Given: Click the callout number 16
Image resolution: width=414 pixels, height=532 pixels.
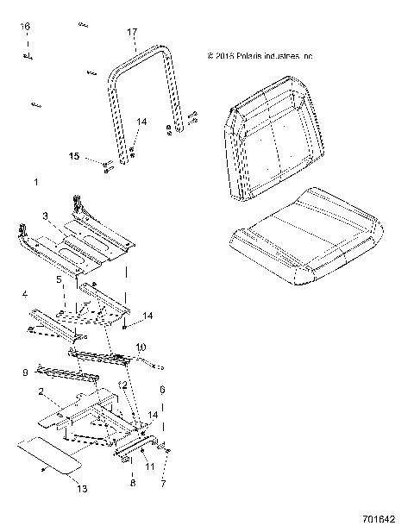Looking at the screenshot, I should (25, 28).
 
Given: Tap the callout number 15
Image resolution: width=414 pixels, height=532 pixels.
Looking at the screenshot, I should (74, 156).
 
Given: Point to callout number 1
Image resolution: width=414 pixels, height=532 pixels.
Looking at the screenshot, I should (35, 184).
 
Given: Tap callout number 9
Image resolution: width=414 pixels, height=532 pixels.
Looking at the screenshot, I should (27, 372).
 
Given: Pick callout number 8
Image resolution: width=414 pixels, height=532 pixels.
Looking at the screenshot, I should (134, 484).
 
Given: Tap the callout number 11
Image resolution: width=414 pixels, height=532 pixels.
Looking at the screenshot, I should (152, 466).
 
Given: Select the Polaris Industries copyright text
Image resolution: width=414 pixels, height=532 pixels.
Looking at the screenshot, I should (261, 56).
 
